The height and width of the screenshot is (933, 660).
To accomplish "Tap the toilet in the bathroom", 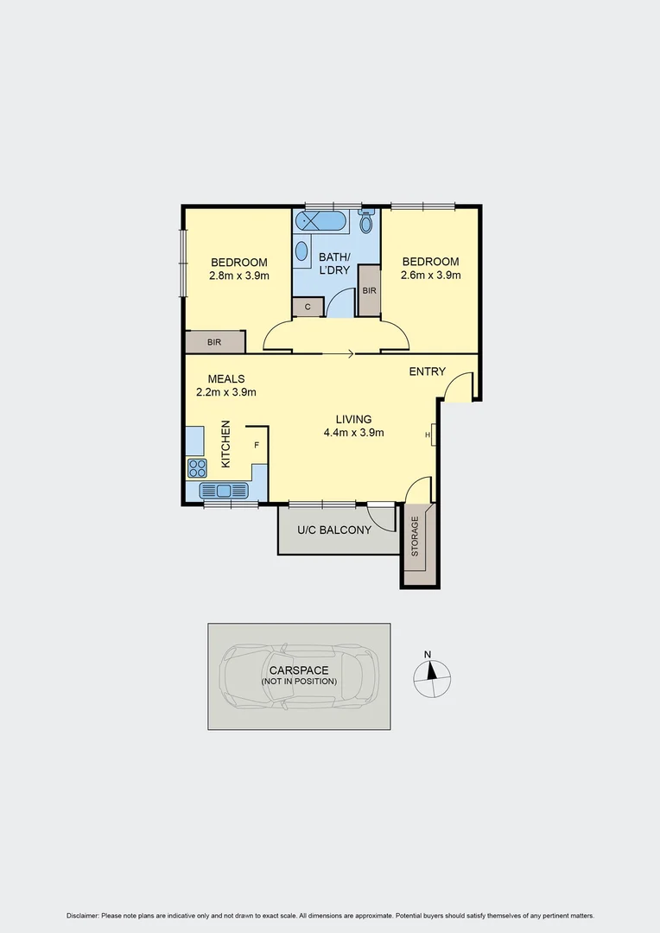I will point(366,223).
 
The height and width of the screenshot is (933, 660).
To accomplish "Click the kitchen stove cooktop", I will point(197,468).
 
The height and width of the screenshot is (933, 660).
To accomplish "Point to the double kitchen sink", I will point(224,491).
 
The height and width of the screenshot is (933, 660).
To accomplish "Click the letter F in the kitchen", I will point(256,445).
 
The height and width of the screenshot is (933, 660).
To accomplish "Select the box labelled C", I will point(308,307).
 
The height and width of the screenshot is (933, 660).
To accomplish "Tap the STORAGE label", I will point(415,536).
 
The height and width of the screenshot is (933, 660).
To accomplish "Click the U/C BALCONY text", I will point(333,530).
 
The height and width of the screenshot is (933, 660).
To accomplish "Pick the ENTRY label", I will point(428,371).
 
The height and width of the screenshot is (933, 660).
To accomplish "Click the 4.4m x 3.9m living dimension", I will point(353,433).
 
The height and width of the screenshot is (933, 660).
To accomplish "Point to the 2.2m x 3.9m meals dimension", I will point(225,391).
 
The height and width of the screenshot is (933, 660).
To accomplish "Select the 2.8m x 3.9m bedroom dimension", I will point(239,276).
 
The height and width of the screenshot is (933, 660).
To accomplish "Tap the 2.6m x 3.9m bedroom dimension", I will point(429,276).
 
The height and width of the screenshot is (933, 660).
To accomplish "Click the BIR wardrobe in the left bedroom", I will point(214,342).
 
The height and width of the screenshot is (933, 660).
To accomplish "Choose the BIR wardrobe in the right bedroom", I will point(369,291).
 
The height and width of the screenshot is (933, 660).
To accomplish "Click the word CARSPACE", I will point(298,670).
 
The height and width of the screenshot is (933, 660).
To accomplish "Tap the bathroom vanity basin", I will point(301,251).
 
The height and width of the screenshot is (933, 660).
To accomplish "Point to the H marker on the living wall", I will point(428,435).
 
